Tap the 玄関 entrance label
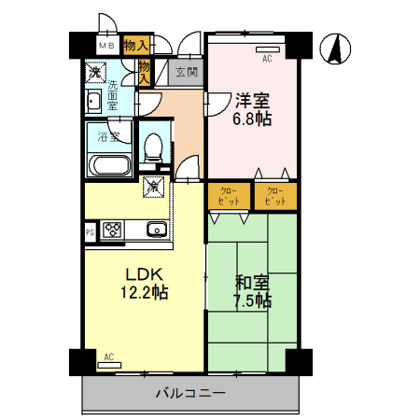(x=186, y=72)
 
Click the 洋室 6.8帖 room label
(x=251, y=109)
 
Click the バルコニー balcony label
(x=189, y=394)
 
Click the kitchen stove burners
(x=114, y=230)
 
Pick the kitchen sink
(x=155, y=230)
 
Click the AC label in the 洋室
(x=266, y=58)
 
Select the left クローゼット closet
(x=229, y=197)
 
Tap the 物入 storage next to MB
(x=135, y=43)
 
